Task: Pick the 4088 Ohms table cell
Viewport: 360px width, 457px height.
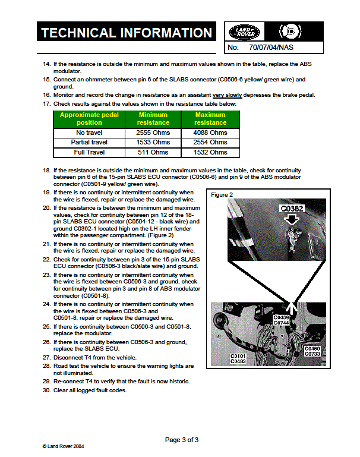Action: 210,133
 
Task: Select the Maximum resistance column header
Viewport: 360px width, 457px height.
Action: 210,119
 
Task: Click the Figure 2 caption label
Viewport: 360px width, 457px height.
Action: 222,195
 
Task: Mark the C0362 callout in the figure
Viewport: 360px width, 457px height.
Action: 292,209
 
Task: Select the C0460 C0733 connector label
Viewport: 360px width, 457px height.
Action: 312,351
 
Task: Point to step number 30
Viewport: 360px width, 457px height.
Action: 46,390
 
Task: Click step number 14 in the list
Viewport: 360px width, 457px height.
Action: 46,64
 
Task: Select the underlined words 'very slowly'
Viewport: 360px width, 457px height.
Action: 226,95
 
